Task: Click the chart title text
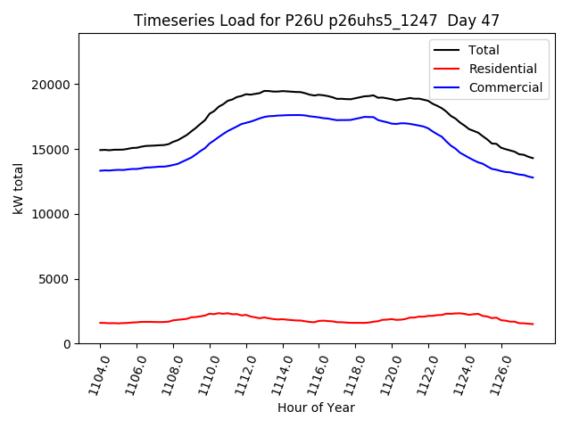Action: tap(317, 21)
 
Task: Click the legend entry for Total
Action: tap(484, 51)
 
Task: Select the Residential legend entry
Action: tap(502, 69)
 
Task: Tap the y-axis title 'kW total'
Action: tap(19, 188)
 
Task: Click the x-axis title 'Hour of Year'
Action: tap(316, 407)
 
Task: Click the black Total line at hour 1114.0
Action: tap(283, 91)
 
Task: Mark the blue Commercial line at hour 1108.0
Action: tap(173, 164)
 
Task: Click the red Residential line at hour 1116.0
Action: tap(319, 321)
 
